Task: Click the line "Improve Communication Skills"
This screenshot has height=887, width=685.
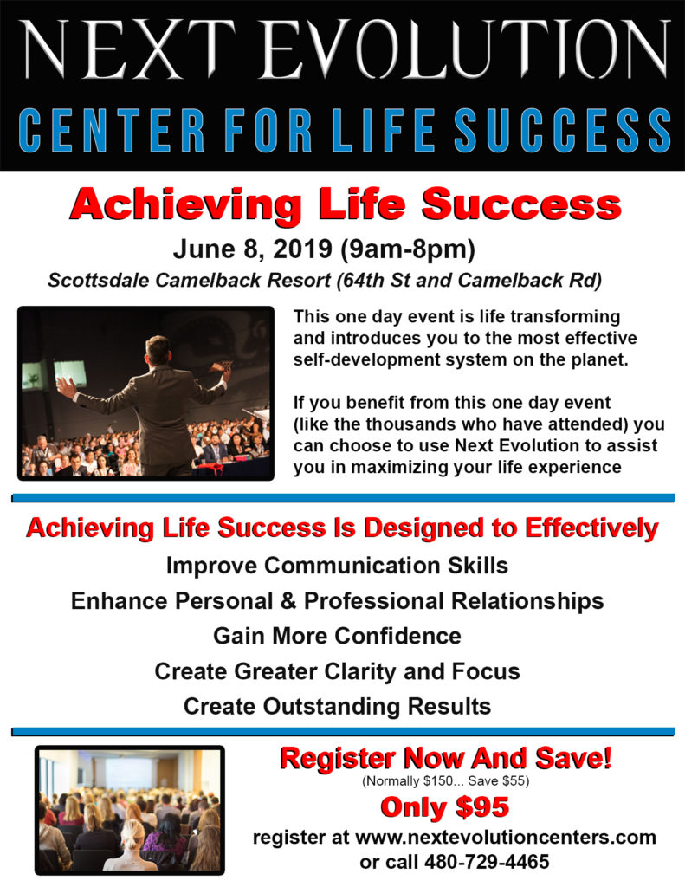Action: click(337, 566)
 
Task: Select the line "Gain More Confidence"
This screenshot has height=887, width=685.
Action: click(337, 636)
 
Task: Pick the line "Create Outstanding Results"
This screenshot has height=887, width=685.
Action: click(337, 706)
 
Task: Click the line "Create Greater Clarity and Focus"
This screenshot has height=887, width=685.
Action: click(337, 670)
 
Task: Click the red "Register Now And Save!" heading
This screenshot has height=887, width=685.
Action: click(445, 760)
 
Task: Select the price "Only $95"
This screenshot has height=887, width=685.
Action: click(445, 807)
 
